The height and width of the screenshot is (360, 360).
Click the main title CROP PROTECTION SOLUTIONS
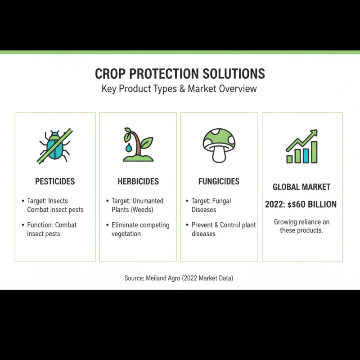tap(180, 74)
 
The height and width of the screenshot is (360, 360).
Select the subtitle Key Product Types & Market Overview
tap(180, 88)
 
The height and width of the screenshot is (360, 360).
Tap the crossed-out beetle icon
tap(55, 145)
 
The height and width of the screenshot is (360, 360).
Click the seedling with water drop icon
tap(138, 145)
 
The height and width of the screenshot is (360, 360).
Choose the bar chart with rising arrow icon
tap(302, 147)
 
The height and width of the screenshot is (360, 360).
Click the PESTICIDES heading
tap(55, 182)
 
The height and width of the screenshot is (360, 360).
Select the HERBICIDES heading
tap(138, 182)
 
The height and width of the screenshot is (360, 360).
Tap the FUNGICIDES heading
tap(219, 182)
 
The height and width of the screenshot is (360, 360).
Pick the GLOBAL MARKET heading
tap(301, 187)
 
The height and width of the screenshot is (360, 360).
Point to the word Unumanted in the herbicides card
tap(148, 201)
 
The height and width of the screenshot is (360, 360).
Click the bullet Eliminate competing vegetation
tap(139, 229)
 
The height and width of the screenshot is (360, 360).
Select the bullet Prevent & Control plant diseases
tap(223, 229)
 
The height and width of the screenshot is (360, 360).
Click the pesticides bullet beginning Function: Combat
tap(51, 229)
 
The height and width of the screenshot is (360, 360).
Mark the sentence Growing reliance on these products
tap(301, 226)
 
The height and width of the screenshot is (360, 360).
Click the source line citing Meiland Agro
tap(179, 278)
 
